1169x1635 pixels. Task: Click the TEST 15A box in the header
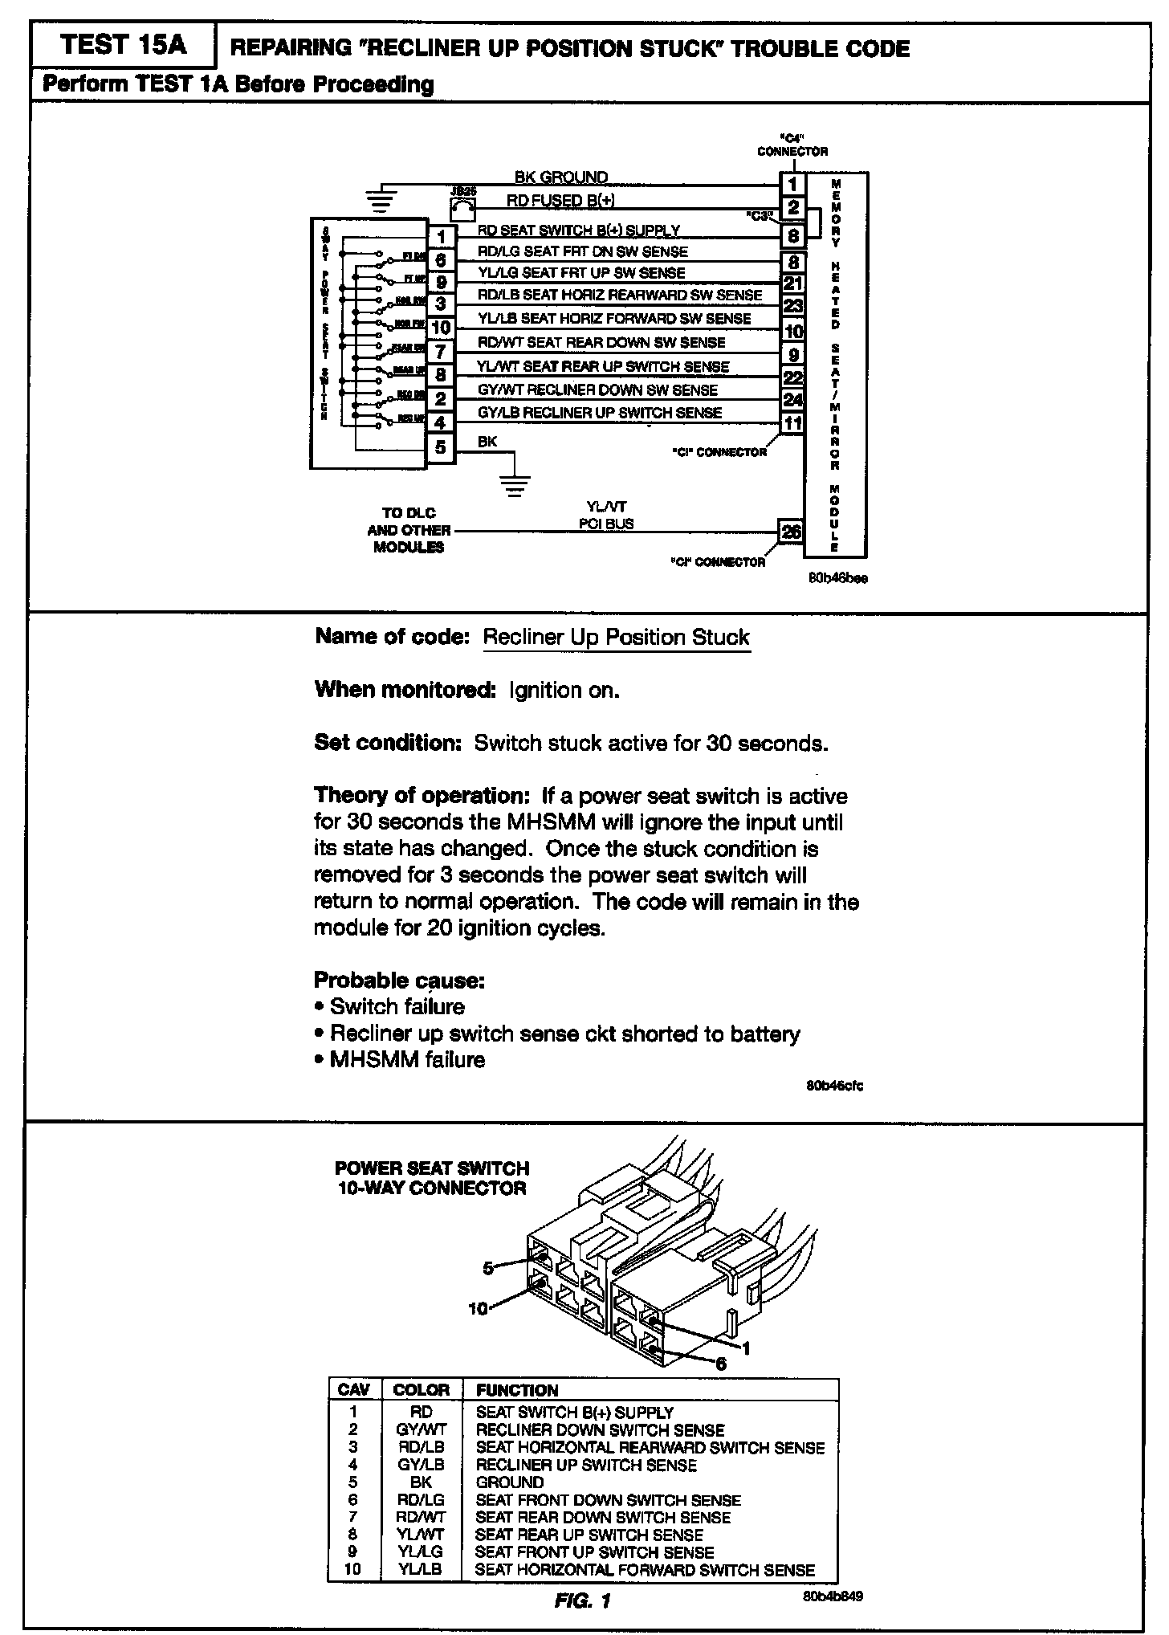(123, 46)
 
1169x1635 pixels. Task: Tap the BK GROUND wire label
(560, 177)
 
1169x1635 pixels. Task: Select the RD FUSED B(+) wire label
(560, 200)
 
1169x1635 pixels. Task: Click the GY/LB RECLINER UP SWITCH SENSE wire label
(599, 413)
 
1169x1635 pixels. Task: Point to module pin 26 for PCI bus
(792, 532)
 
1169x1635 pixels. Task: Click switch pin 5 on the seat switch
(440, 446)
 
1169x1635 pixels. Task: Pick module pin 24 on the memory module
(792, 399)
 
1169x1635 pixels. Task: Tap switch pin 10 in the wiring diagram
(440, 328)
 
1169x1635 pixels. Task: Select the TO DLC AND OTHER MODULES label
(409, 530)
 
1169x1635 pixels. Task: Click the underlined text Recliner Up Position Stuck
(616, 638)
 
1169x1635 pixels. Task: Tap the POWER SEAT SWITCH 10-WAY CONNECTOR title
(432, 1178)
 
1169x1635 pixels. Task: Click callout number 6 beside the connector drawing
(720, 1363)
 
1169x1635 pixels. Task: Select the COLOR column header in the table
(422, 1390)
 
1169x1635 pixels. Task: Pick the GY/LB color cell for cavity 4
(421, 1465)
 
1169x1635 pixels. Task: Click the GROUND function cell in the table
(510, 1482)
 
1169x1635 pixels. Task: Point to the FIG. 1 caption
(583, 1601)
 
